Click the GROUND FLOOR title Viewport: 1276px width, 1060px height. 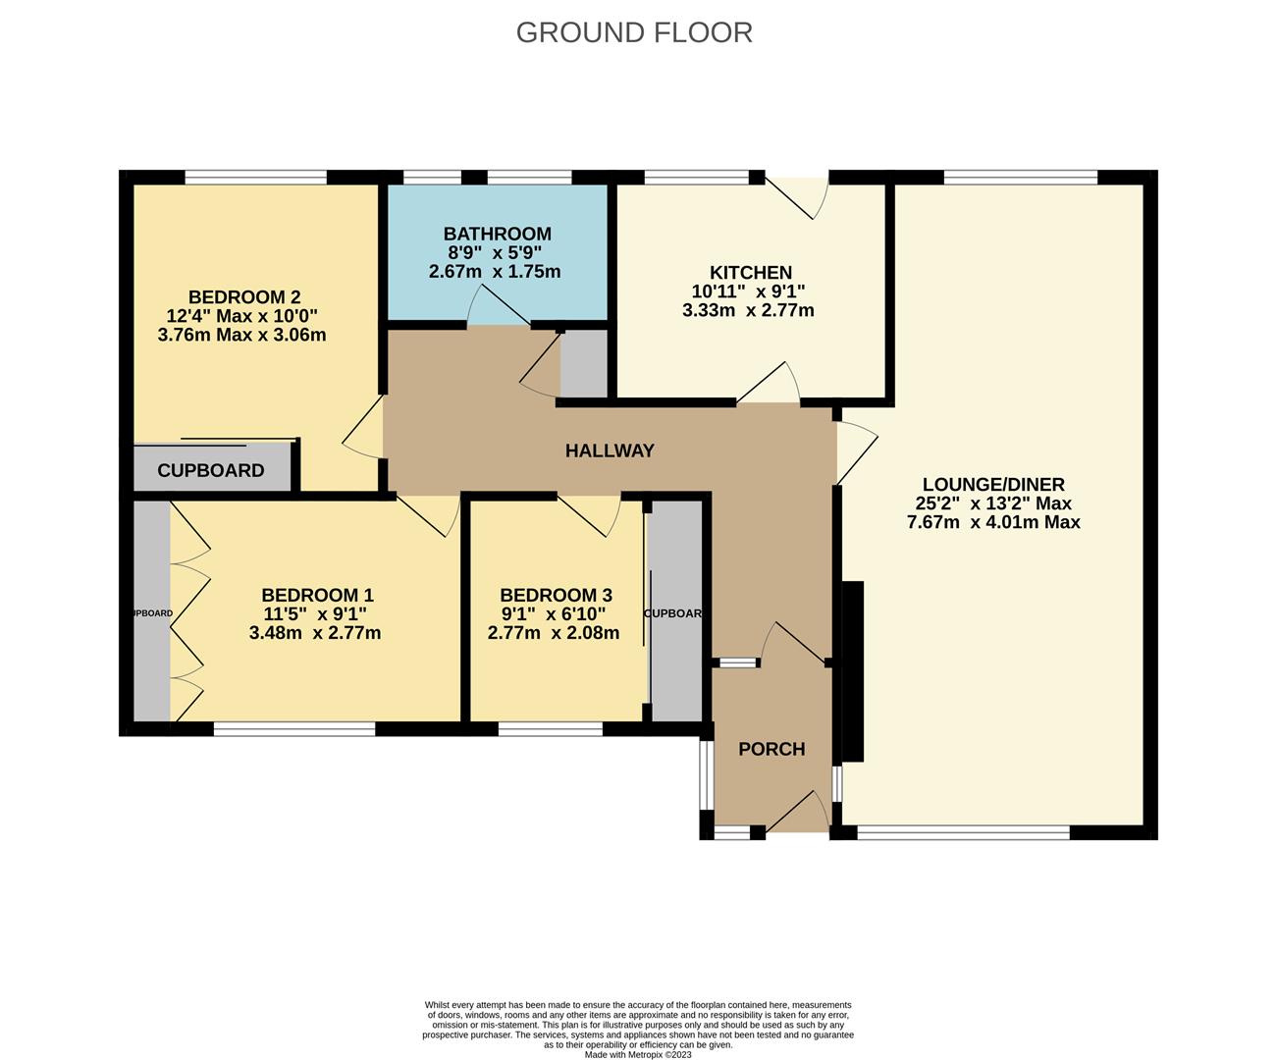click(x=634, y=32)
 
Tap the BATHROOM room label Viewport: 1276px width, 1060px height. click(x=497, y=234)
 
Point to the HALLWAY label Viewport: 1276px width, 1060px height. click(x=610, y=451)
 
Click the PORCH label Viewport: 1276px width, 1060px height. click(x=771, y=750)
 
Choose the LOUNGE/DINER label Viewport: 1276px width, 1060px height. click(x=993, y=485)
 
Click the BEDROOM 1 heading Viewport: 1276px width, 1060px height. click(x=317, y=595)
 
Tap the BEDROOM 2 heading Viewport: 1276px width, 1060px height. click(x=244, y=297)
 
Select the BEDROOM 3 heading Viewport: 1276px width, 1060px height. click(x=556, y=595)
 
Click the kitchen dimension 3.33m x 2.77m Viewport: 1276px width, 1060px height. click(x=748, y=311)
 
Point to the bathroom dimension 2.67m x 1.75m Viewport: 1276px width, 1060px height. click(x=495, y=272)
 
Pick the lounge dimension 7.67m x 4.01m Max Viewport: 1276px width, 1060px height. click(x=993, y=522)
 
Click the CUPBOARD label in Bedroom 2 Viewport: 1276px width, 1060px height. click(x=211, y=471)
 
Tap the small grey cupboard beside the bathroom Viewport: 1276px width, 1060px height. click(x=584, y=364)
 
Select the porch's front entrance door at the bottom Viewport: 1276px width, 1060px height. click(x=797, y=813)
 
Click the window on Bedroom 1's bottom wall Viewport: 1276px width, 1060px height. click(x=294, y=729)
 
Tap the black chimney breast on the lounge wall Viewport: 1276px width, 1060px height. click(x=851, y=671)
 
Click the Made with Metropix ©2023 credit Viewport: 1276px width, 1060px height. click(x=638, y=1055)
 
